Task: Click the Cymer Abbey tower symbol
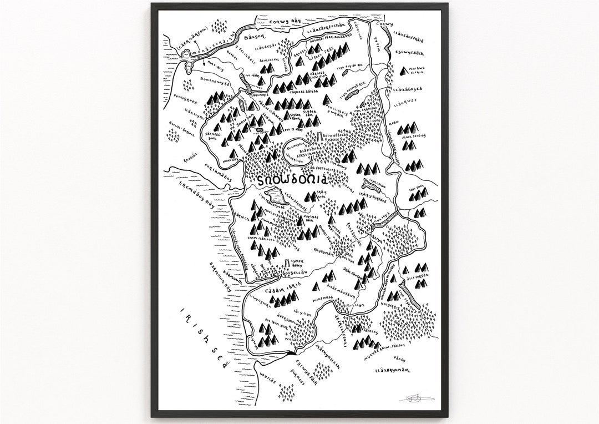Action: click(x=286, y=263)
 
